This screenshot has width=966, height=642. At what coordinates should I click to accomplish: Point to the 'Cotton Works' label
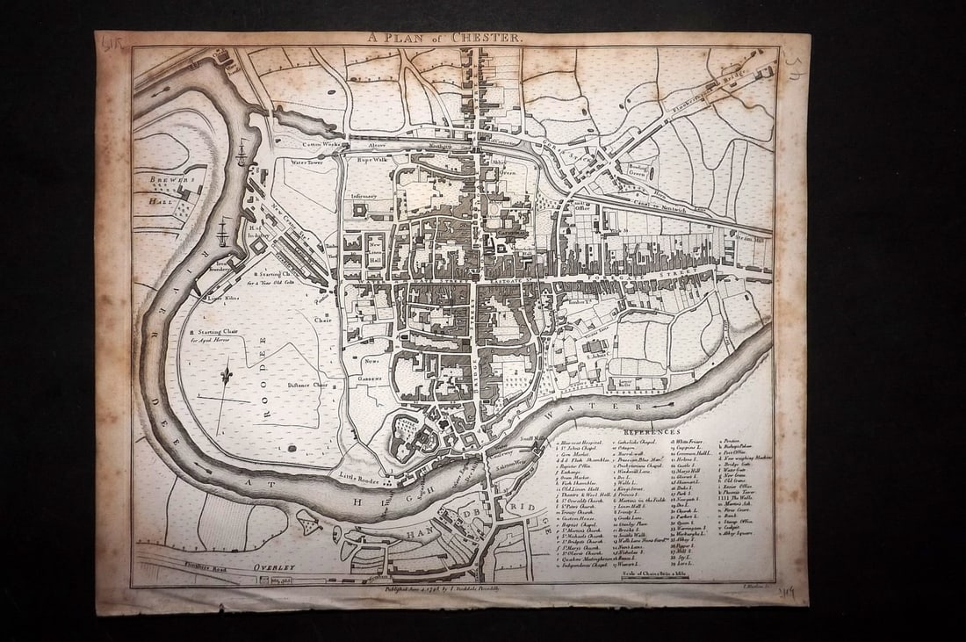coord(321,144)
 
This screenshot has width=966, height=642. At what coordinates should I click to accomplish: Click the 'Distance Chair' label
coord(307,384)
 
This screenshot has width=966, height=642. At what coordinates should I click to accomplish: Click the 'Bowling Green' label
coord(639,170)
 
